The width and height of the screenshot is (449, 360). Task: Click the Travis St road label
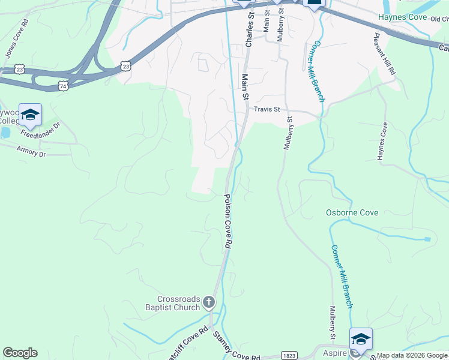point(267,109)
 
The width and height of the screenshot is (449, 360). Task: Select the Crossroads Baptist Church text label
point(178,303)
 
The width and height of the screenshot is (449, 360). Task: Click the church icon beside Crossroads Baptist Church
point(208,302)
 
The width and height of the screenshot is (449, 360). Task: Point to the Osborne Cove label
point(352,212)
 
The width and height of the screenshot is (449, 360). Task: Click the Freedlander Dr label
point(41,129)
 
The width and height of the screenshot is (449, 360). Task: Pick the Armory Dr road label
point(31,151)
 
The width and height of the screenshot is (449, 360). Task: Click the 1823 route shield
point(289,355)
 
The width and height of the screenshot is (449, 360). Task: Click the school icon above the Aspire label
point(361,338)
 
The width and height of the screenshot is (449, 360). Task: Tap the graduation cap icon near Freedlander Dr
point(29,114)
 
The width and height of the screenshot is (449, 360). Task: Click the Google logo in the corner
point(20,353)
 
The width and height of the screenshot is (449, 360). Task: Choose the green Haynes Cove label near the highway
point(402,17)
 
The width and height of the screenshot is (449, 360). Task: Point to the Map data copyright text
point(412,355)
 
